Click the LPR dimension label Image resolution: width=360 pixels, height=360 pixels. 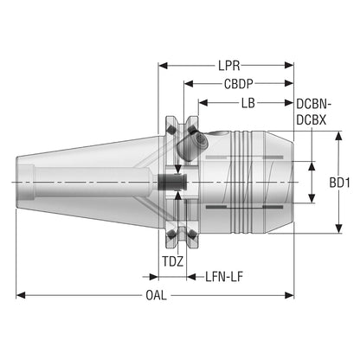tap(229, 66)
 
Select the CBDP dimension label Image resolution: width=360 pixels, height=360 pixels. tap(239, 84)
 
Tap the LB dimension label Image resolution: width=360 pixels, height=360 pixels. tap(248, 103)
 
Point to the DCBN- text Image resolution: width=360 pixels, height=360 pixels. tap(313, 105)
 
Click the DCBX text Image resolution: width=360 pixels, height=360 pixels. tap(312, 120)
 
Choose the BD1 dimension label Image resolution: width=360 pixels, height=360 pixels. tap(340, 183)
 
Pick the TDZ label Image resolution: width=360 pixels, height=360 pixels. tap(173, 261)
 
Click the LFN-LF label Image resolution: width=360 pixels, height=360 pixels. tap(224, 277)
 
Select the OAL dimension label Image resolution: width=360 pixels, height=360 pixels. tap(156, 295)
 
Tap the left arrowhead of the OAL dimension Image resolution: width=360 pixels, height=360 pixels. tap(21, 295)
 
